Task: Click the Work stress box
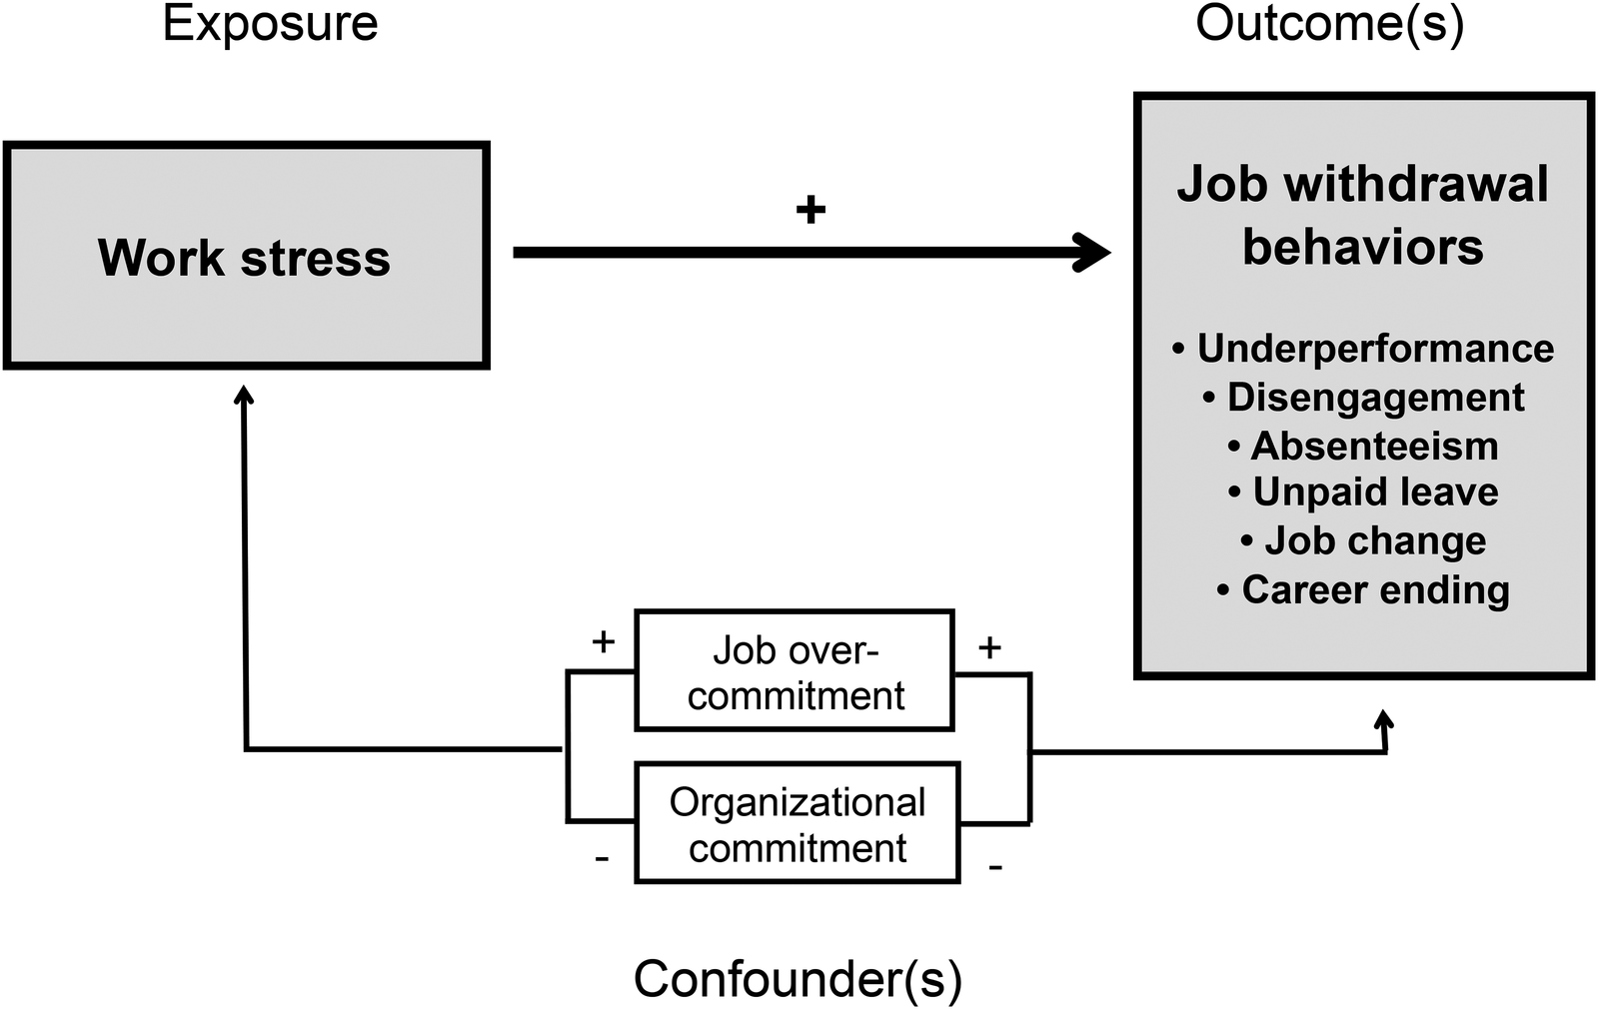pyautogui.click(x=246, y=257)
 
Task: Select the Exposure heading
pyautogui.click(x=270, y=23)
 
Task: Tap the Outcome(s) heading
pyautogui.click(x=1329, y=23)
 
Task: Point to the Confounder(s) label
pyautogui.click(x=798, y=978)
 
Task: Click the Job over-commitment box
pyautogui.click(x=795, y=671)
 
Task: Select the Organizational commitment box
pyautogui.click(x=797, y=824)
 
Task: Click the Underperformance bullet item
pyautogui.click(x=1364, y=349)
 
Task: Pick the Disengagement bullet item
pyautogui.click(x=1364, y=398)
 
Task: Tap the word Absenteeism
pyautogui.click(x=1374, y=446)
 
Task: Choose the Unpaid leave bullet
pyautogui.click(x=1364, y=492)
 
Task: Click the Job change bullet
pyautogui.click(x=1364, y=540)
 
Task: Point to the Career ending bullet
pyautogui.click(x=1364, y=589)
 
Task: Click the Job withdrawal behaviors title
pyautogui.click(x=1362, y=215)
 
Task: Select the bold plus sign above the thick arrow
pyautogui.click(x=810, y=210)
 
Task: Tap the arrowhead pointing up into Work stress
pyautogui.click(x=244, y=397)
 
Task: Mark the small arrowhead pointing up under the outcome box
pyautogui.click(x=1384, y=720)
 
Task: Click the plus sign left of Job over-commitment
pyautogui.click(x=603, y=641)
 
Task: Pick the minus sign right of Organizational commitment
pyautogui.click(x=994, y=867)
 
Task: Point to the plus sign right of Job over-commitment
pyautogui.click(x=989, y=648)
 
